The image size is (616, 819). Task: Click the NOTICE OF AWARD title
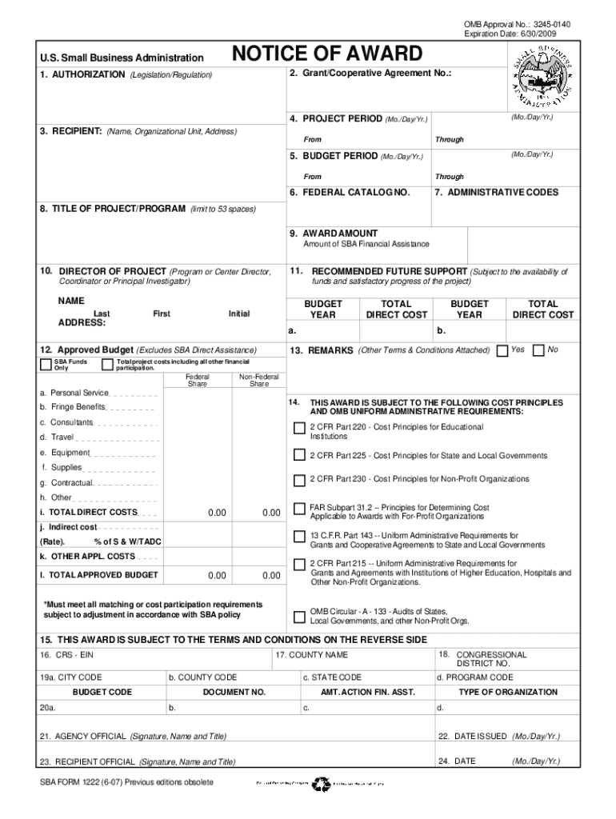pyautogui.click(x=326, y=54)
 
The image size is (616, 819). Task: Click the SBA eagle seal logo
pyautogui.click(x=541, y=78)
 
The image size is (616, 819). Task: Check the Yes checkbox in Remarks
pyautogui.click(x=502, y=350)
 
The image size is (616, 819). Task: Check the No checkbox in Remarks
pyautogui.click(x=539, y=350)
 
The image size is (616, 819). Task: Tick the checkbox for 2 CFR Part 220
pyautogui.click(x=299, y=428)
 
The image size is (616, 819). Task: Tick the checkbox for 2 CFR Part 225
pyautogui.click(x=299, y=456)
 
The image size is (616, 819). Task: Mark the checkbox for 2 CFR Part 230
pyautogui.click(x=299, y=479)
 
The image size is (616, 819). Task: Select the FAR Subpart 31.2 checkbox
pyautogui.click(x=299, y=509)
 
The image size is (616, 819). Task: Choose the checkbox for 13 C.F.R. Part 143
pyautogui.click(x=299, y=536)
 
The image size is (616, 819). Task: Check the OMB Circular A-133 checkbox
pyautogui.click(x=299, y=616)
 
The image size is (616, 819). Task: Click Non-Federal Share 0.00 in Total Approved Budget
pyautogui.click(x=271, y=576)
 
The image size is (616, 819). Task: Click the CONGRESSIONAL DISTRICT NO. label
pyautogui.click(x=491, y=659)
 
